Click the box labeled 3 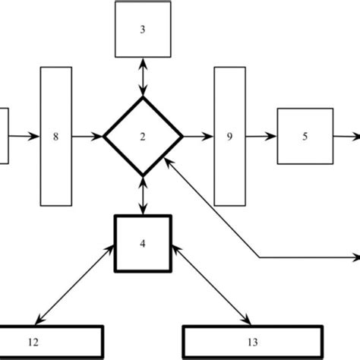click(x=142, y=30)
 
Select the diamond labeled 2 click(x=143, y=137)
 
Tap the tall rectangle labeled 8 click(x=57, y=137)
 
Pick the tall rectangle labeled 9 click(x=229, y=137)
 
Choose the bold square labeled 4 click(x=143, y=244)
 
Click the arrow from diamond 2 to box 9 click(x=197, y=137)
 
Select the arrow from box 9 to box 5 click(x=262, y=137)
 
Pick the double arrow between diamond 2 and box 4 click(x=143, y=196)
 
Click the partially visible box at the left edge click(x=3, y=137)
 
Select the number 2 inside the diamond click(x=143, y=137)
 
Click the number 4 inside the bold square click(x=143, y=245)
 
